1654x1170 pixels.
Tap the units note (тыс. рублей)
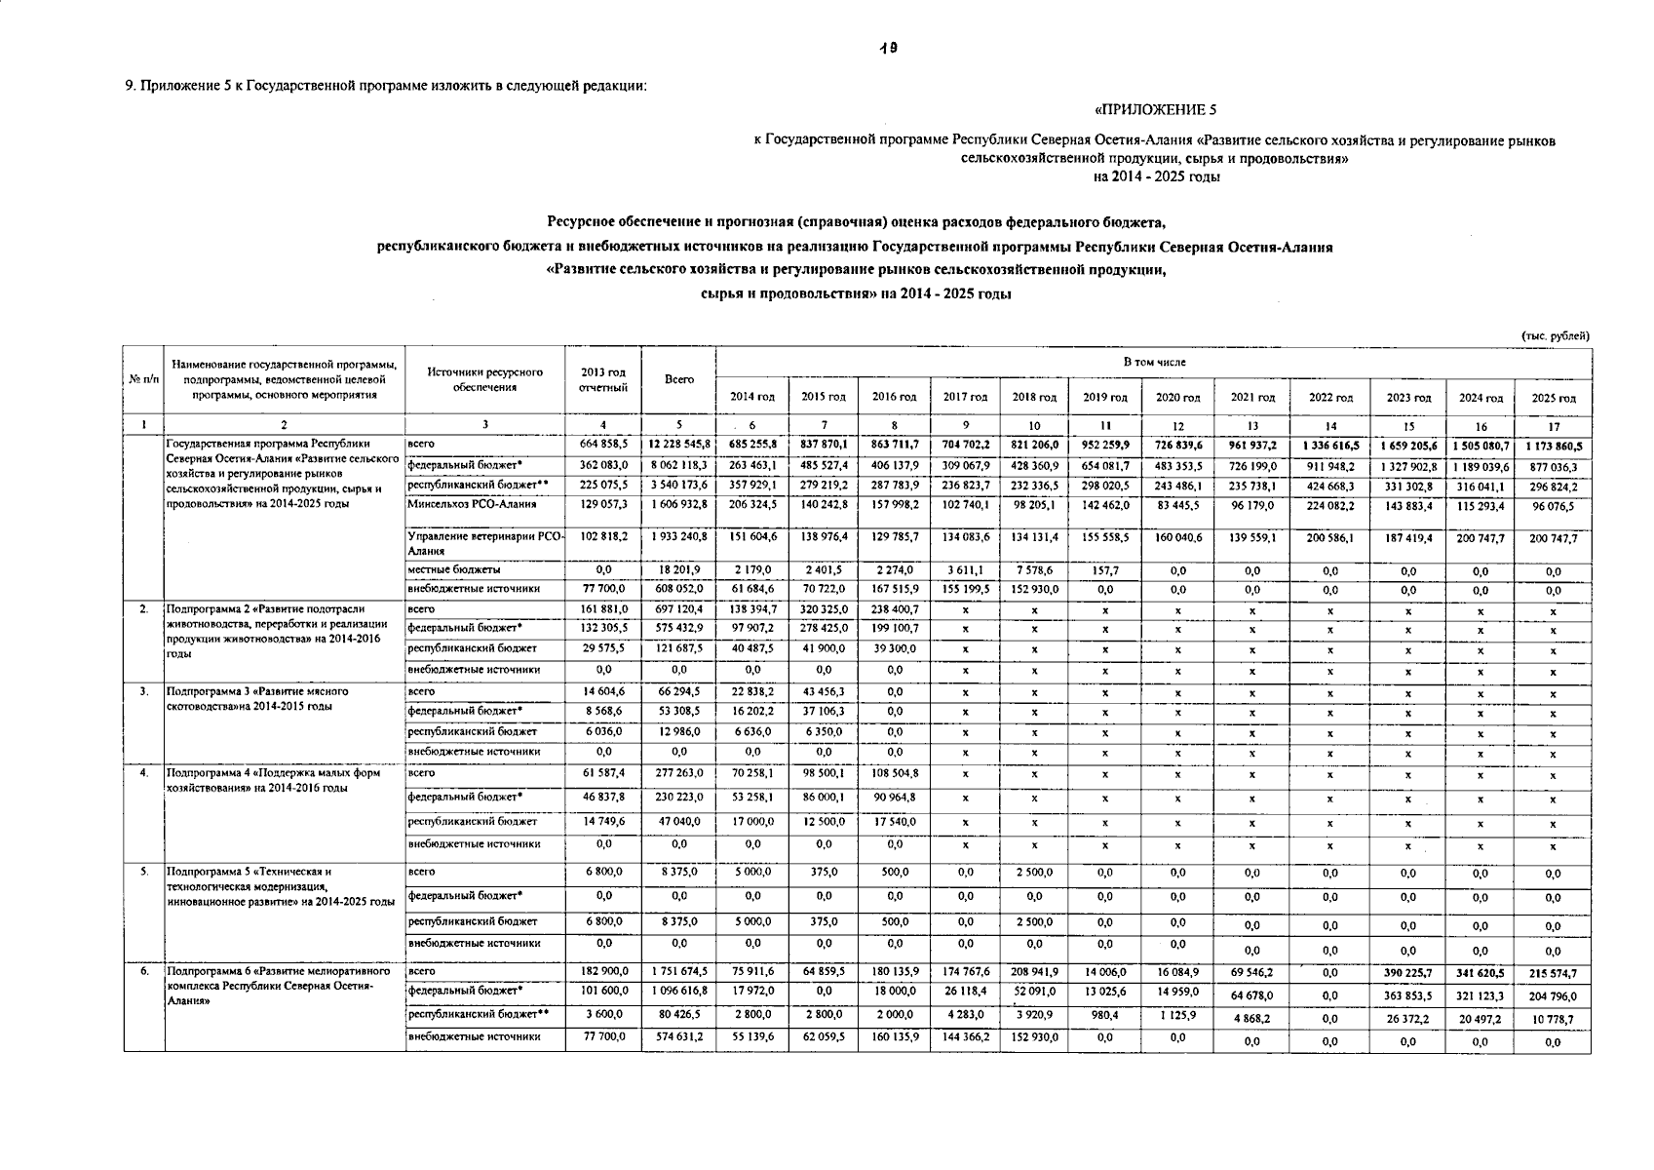tap(1556, 336)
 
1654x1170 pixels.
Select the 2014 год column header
tap(752, 397)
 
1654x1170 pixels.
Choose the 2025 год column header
tap(1554, 398)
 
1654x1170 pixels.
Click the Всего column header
tap(679, 379)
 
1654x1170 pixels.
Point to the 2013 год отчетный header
tap(603, 379)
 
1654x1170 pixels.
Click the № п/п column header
tap(143, 379)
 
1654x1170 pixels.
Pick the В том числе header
tap(1154, 362)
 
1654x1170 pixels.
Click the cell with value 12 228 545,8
tap(679, 445)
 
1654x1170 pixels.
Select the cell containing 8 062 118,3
tap(679, 465)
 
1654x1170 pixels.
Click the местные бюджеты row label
tap(454, 568)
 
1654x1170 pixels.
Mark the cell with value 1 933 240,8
tap(679, 536)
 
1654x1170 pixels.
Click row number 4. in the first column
tap(143, 773)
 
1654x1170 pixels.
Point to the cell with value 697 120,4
tap(679, 609)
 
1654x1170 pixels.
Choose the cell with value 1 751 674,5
tap(679, 971)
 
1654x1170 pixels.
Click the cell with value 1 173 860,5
tap(1554, 446)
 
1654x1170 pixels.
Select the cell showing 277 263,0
tap(679, 773)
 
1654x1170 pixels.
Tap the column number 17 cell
tap(1554, 426)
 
